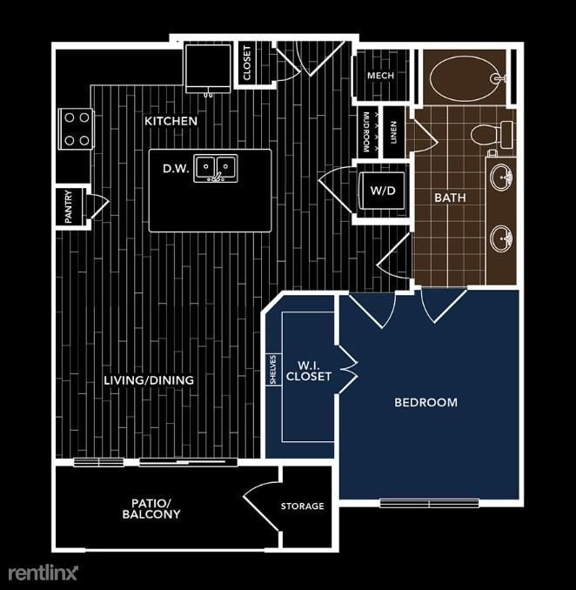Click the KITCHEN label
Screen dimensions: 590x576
pos(171,121)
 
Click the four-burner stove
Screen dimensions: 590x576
pos(76,128)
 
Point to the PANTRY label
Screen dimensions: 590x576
pos(69,208)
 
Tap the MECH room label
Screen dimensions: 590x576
pos(380,76)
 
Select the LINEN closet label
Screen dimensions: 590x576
pos(394,133)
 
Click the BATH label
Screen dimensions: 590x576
pos(450,198)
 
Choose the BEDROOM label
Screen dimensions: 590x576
pos(425,402)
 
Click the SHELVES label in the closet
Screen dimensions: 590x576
pos(272,370)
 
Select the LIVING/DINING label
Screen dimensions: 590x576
pos(149,380)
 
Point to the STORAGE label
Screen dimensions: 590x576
pos(302,506)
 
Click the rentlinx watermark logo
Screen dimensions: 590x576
pos(44,573)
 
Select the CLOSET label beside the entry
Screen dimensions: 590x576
pos(246,64)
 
